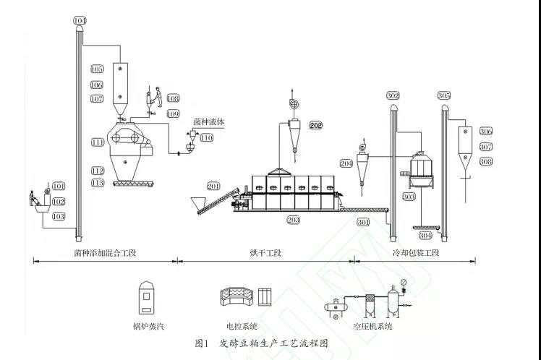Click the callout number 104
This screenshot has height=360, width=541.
pyautogui.click(x=79, y=21)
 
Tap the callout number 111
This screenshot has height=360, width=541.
pyautogui.click(x=98, y=142)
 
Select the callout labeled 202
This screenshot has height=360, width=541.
pyautogui.click(x=316, y=125)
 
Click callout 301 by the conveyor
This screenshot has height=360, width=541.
pyautogui.click(x=364, y=222)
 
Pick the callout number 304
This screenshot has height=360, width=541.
pyautogui.click(x=425, y=236)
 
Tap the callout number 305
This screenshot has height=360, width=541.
pyautogui.click(x=444, y=95)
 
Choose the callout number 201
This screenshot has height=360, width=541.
pyautogui.click(x=213, y=187)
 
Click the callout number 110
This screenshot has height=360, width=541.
pyautogui.click(x=207, y=137)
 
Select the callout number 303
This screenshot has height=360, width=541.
pyautogui.click(x=408, y=196)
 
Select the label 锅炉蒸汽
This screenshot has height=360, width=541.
pyautogui.click(x=149, y=327)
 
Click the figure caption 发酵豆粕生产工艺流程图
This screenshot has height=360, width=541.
pyautogui.click(x=273, y=343)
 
